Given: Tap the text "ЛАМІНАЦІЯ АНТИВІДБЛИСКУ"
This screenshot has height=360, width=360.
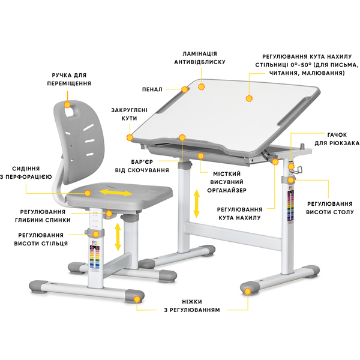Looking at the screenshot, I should click(200, 57).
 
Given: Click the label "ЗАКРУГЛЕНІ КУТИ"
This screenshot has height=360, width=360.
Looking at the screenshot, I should click(125, 114).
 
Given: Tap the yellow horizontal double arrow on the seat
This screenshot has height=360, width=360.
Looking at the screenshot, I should click(116, 193).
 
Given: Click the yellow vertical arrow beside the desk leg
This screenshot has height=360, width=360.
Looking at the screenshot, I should click(196, 204).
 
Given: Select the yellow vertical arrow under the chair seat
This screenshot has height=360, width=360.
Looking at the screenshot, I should click(118, 236).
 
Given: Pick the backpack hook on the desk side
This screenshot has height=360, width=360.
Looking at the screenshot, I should click(298, 170).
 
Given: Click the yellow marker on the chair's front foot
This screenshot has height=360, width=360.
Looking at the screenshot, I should click(137, 297).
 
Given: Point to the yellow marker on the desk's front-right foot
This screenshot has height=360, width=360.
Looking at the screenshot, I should click(246, 290).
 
